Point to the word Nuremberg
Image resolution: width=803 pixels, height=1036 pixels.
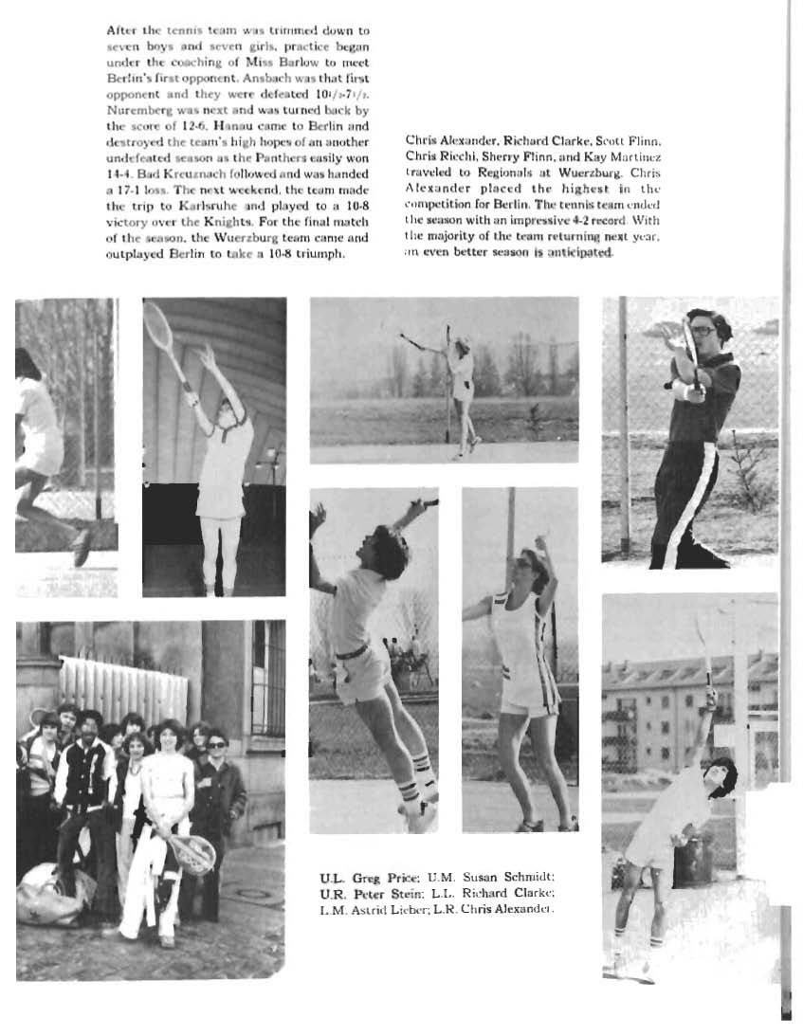pos(137,108)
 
